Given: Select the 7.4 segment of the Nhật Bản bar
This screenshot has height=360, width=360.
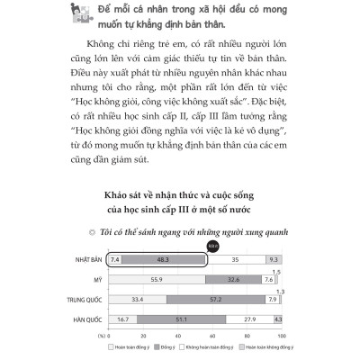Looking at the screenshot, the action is point(113,259).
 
